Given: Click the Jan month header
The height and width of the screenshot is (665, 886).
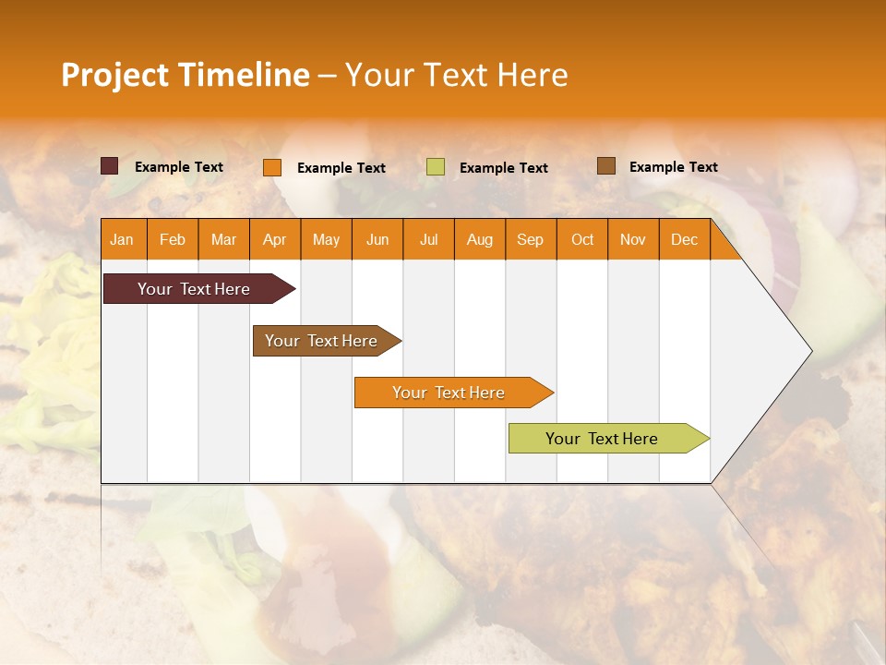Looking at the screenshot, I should click(122, 239).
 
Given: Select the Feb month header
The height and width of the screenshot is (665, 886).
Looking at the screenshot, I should click(173, 239).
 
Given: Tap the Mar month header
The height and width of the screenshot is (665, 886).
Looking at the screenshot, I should click(223, 239).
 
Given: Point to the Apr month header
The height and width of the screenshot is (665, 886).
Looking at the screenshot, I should click(275, 239).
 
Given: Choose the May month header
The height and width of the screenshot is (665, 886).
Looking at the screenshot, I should click(326, 239).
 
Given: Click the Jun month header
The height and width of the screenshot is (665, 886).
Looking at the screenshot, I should click(377, 239).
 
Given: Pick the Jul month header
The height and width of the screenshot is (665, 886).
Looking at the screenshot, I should click(428, 239).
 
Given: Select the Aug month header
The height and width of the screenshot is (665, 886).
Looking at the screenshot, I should click(480, 239).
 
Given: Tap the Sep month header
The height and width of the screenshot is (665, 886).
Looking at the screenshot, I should click(531, 239).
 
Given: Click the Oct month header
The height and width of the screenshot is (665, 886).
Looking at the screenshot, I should click(582, 239).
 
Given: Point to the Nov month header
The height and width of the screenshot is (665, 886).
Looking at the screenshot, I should click(633, 239).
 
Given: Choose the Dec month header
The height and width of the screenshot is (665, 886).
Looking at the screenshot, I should click(685, 239).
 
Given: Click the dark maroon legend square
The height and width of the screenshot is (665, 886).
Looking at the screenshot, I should click(110, 166).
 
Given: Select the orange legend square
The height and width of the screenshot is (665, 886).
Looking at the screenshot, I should click(272, 167).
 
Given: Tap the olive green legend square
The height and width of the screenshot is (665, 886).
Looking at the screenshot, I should click(436, 167).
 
